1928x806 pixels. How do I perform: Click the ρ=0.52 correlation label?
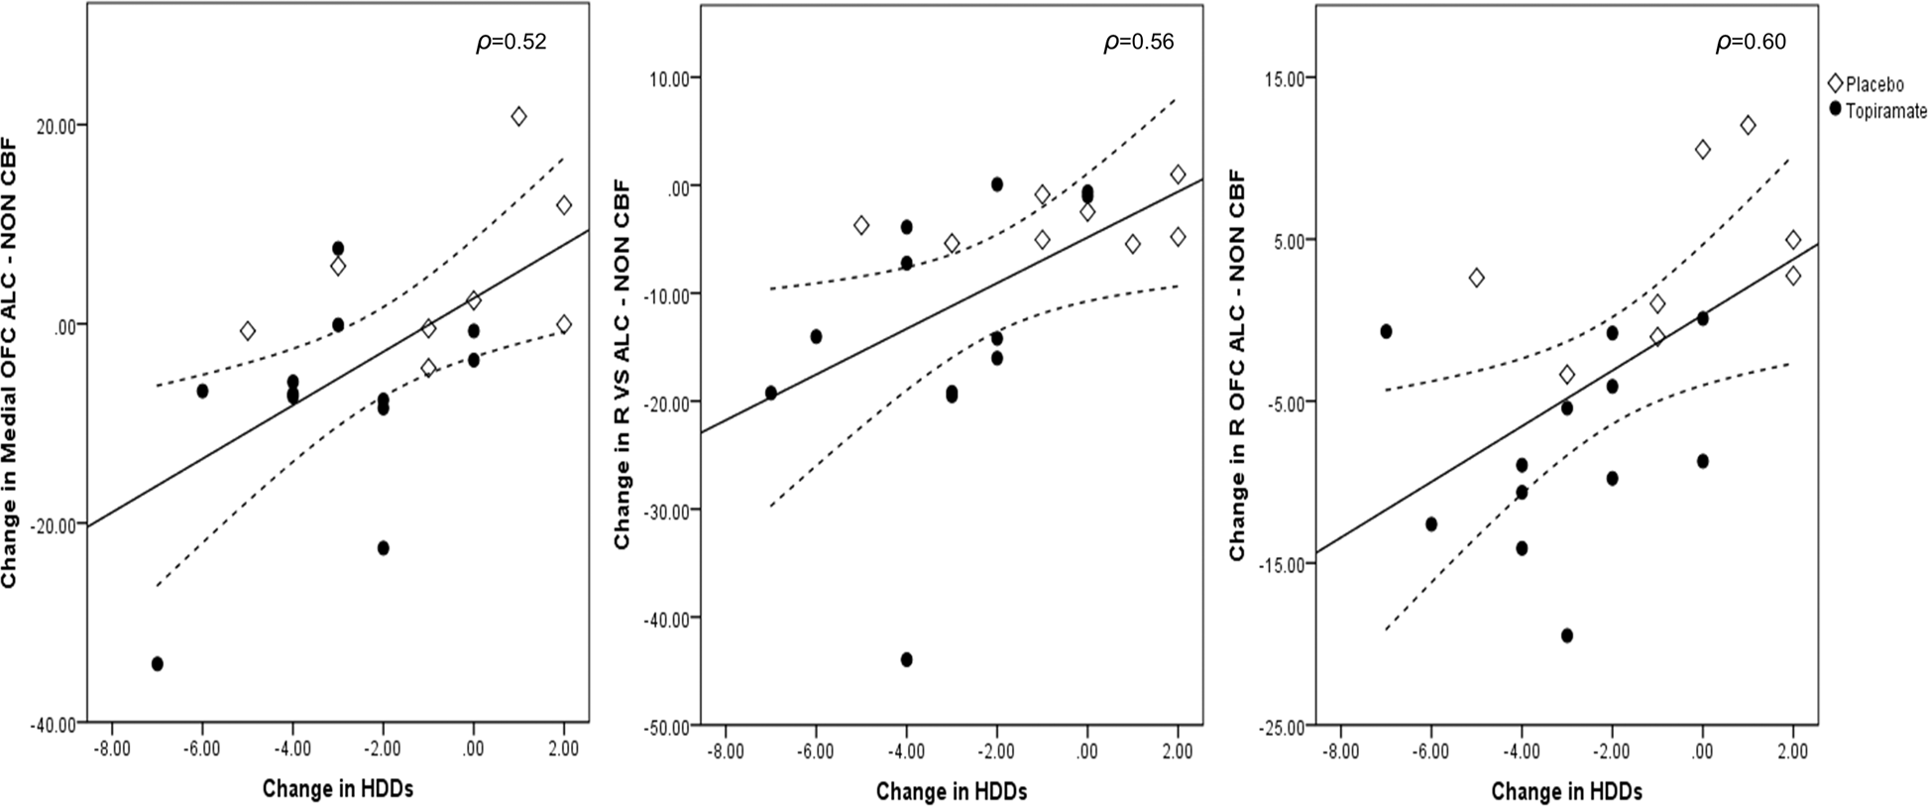[x=511, y=43]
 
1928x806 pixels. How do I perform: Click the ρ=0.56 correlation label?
[x=1139, y=43]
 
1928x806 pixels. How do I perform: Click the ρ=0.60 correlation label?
[x=1752, y=43]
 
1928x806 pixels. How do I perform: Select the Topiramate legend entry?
[x=1871, y=109]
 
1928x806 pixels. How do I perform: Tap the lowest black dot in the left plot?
[x=157, y=663]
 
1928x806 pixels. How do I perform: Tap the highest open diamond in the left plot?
[x=518, y=116]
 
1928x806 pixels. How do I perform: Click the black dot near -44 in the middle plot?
[x=906, y=659]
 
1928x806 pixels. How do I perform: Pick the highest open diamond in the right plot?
[x=1748, y=125]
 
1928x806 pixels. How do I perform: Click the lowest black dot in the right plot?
[x=1567, y=635]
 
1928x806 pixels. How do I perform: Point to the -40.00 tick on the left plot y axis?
[x=57, y=724]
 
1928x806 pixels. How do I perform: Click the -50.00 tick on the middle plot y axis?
[x=669, y=727]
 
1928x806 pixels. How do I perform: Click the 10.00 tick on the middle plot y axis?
[x=672, y=77]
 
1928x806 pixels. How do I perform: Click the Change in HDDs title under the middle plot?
[x=951, y=790]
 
